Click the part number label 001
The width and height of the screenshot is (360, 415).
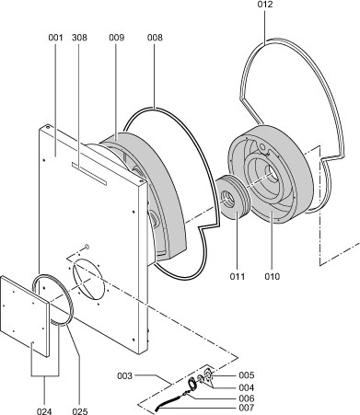(55, 38)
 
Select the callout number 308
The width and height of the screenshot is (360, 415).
(79, 38)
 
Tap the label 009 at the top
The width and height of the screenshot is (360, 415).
(117, 38)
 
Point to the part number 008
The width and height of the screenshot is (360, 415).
(155, 38)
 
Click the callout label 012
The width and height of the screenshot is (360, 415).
(265, 5)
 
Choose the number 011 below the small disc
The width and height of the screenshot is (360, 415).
(238, 276)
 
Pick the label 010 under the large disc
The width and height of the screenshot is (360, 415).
(273, 276)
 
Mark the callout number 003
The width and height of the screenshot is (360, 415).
(124, 375)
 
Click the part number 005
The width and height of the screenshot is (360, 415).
(247, 375)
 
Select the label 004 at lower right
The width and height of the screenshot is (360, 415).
(247, 387)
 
